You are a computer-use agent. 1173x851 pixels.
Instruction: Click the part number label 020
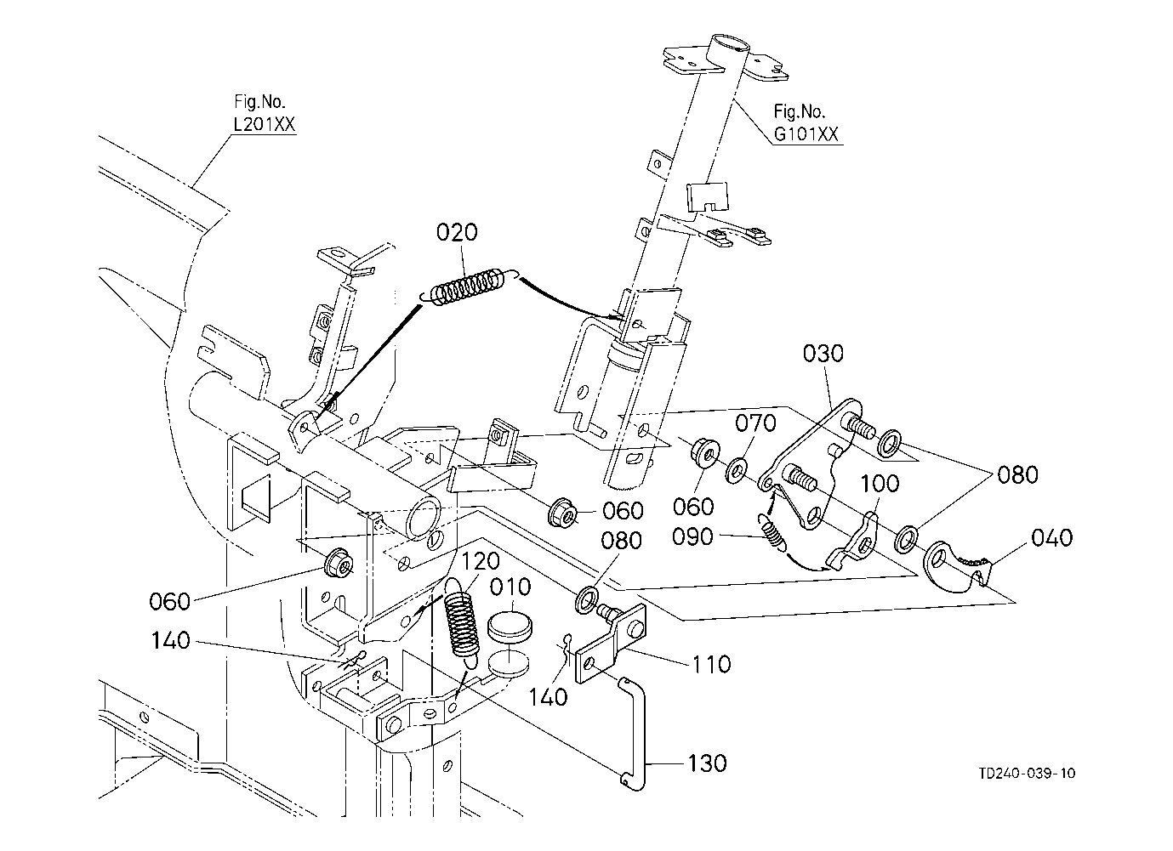pyautogui.click(x=458, y=233)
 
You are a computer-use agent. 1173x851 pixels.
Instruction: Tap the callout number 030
pyautogui.click(x=823, y=353)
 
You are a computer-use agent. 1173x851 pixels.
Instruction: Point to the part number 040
pyautogui.click(x=1051, y=538)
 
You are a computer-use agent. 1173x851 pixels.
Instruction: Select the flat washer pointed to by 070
pyautogui.click(x=737, y=467)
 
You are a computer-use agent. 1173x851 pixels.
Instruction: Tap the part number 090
pyautogui.click(x=697, y=537)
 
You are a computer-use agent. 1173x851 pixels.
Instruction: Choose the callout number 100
pyautogui.click(x=880, y=485)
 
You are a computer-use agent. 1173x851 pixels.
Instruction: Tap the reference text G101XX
pyautogui.click(x=806, y=134)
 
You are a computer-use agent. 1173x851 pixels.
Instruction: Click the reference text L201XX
pyautogui.click(x=264, y=125)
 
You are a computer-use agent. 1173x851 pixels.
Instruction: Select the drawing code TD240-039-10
pyautogui.click(x=1027, y=773)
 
